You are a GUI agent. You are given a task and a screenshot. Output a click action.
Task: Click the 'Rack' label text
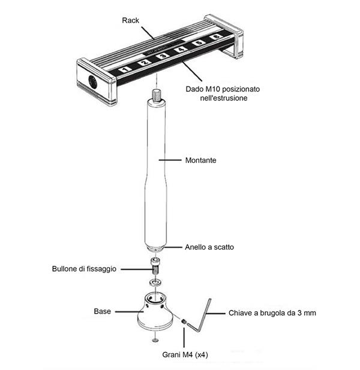click(130, 20)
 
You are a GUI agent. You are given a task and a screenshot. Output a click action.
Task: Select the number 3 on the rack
click(162, 58)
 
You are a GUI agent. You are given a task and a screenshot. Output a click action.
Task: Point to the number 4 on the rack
click(181, 52)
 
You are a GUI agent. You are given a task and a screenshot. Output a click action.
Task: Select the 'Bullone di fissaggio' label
click(84, 268)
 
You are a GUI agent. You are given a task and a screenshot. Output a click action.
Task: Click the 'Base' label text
click(102, 311)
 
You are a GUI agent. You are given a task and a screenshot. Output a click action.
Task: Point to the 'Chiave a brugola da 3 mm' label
click(271, 313)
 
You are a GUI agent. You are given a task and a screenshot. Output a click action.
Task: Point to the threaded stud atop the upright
click(157, 94)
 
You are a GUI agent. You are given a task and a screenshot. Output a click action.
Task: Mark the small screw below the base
click(155, 340)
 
